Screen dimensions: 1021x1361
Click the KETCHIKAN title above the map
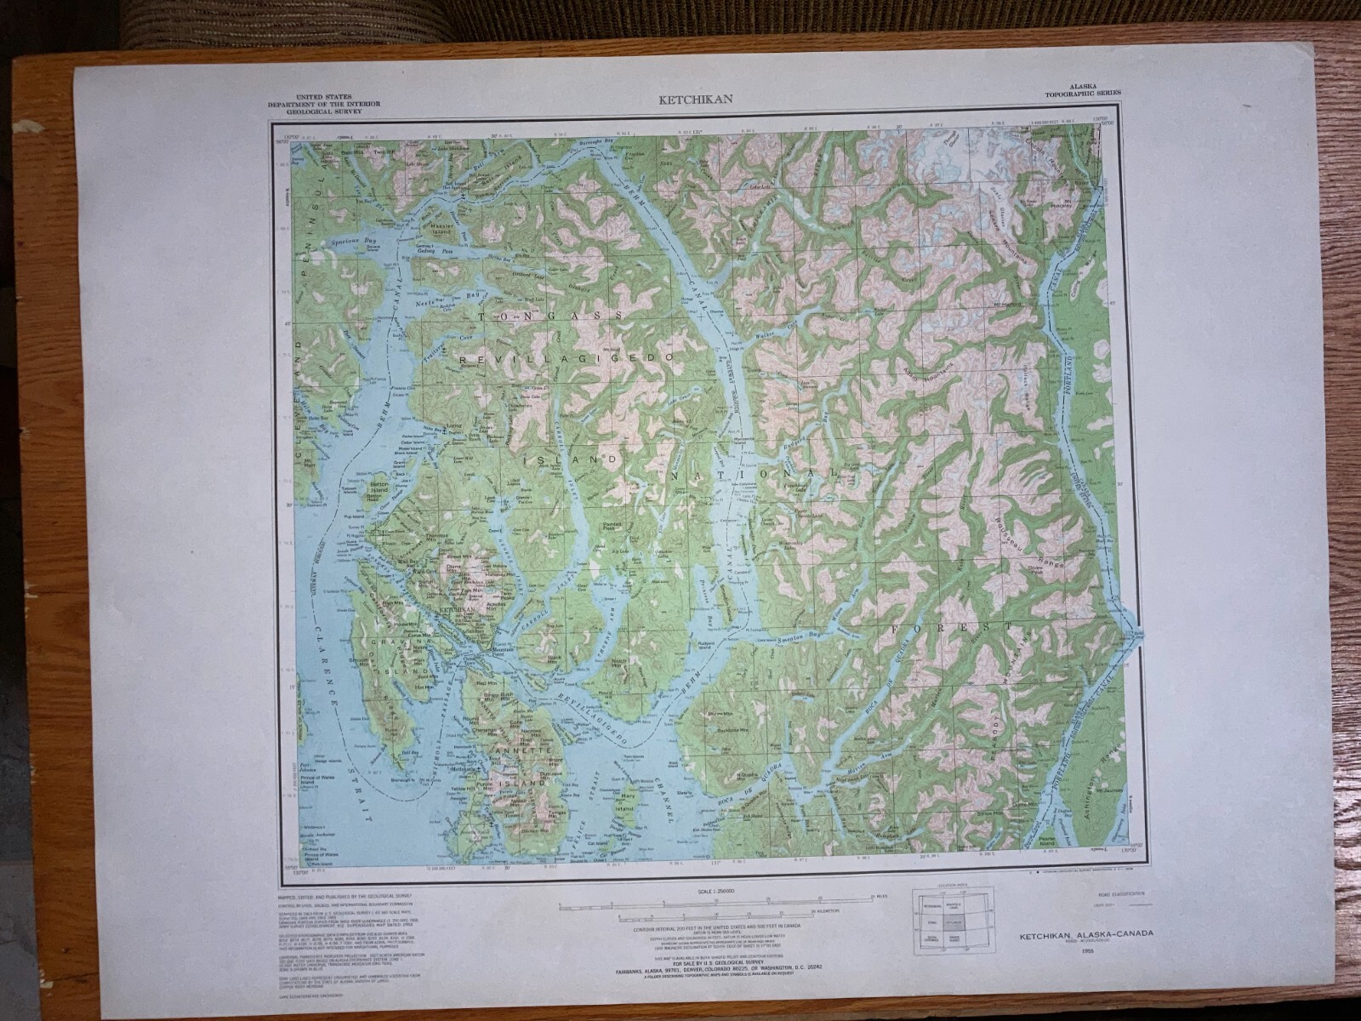(690, 100)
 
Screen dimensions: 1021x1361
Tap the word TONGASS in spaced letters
(550, 316)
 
